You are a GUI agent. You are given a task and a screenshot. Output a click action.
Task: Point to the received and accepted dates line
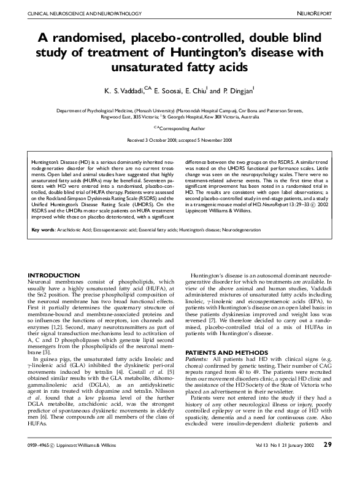(179, 140)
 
